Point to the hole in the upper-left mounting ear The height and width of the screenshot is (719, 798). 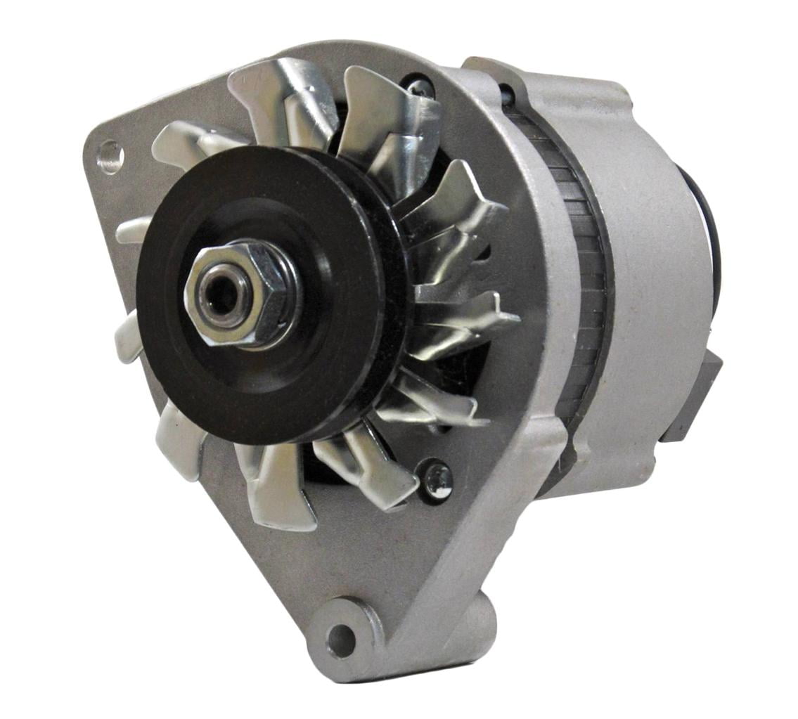point(110,156)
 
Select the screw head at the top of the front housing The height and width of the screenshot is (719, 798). point(420,87)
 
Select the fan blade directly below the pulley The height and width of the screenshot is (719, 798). point(278,485)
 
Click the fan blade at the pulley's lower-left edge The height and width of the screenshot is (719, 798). point(179,439)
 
